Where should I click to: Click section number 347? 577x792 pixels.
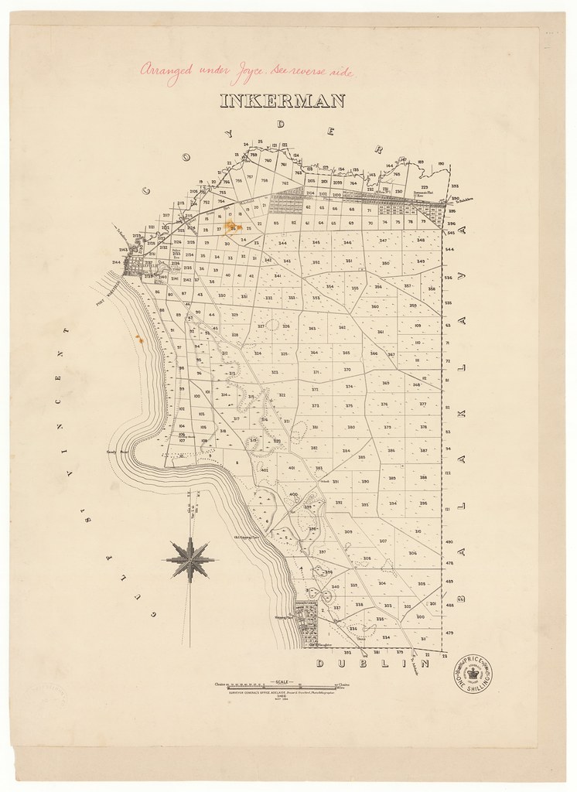click(x=384, y=241)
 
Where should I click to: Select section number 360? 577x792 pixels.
click(x=375, y=306)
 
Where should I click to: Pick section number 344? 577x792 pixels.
click(x=283, y=244)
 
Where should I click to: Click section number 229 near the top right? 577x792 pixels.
click(x=424, y=188)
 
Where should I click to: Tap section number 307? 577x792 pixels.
click(x=383, y=541)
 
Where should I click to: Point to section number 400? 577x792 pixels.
click(x=294, y=494)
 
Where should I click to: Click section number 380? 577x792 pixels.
click(x=350, y=427)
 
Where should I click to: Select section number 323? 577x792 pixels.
click(x=275, y=372)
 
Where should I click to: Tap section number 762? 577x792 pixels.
click(x=285, y=183)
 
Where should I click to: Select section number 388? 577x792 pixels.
click(x=423, y=477)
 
